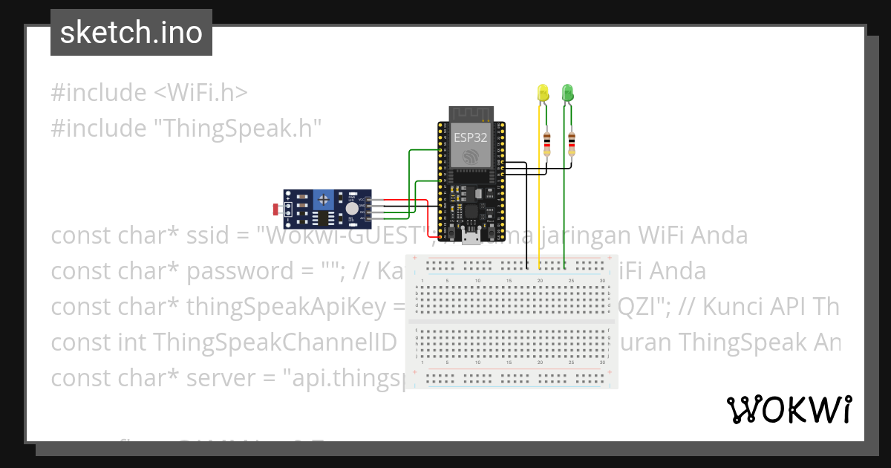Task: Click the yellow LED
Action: tap(543, 93)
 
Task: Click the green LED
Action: tap(568, 92)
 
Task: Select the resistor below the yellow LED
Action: tap(547, 142)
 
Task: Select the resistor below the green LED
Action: tap(572, 142)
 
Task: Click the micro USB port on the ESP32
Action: tap(471, 238)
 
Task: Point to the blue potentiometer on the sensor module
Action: tap(323, 199)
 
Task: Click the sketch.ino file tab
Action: tap(131, 33)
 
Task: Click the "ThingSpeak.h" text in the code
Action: tap(238, 129)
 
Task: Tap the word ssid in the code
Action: tap(209, 235)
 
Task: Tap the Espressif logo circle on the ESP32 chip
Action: tap(471, 157)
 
